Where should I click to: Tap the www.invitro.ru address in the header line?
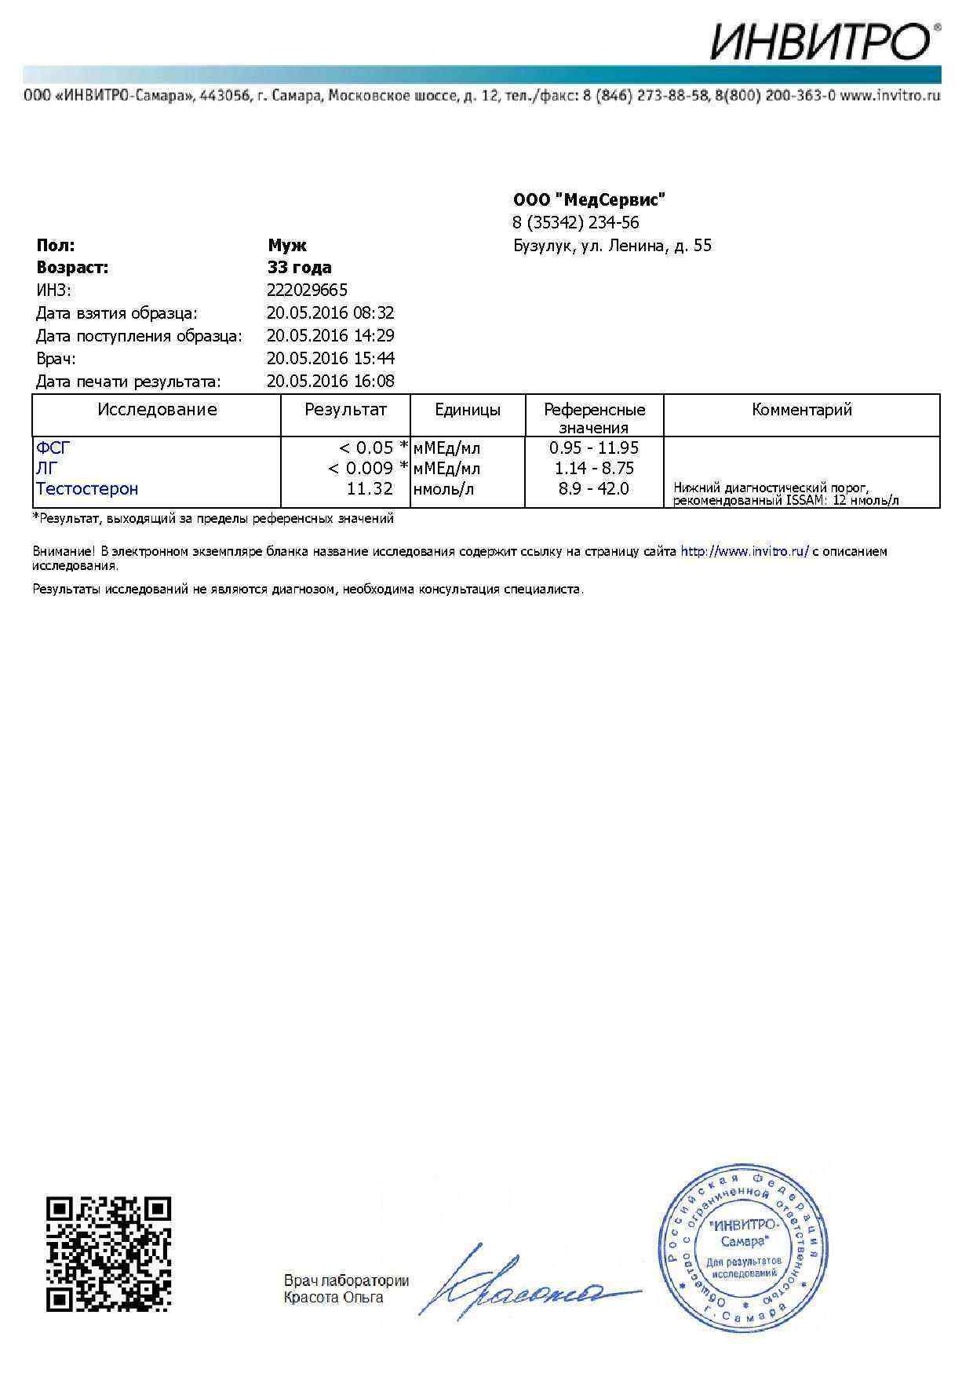click(890, 96)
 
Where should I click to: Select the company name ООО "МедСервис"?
click(589, 199)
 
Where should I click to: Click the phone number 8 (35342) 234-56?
click(575, 222)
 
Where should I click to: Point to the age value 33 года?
click(299, 268)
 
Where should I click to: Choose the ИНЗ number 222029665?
click(307, 290)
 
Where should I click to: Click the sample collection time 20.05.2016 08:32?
click(330, 313)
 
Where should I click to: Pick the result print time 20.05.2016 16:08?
click(330, 382)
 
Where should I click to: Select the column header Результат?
click(345, 410)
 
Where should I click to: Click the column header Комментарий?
click(801, 410)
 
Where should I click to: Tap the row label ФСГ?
click(53, 448)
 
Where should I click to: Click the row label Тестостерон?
click(87, 489)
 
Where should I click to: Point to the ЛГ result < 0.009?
click(360, 469)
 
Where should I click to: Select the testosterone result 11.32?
click(370, 489)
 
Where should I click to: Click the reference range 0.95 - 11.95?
click(594, 448)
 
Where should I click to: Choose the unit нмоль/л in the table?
click(443, 489)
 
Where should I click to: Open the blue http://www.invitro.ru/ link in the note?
click(744, 552)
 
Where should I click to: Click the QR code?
click(108, 1255)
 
